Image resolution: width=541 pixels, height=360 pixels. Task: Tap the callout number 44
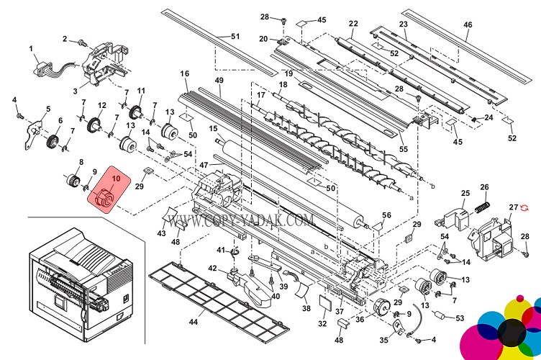[x=193, y=321]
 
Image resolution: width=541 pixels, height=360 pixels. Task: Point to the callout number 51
[x=235, y=36]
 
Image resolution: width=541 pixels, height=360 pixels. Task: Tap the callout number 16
[x=185, y=74]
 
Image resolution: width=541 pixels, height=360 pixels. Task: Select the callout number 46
[x=468, y=24]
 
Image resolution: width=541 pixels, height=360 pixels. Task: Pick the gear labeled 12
[x=93, y=127]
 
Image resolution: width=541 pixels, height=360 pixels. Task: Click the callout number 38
[x=306, y=308]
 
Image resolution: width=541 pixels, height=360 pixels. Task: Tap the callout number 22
[x=353, y=24]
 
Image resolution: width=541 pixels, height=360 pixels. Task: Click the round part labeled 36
[x=376, y=307]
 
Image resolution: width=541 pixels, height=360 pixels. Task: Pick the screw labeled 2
[x=81, y=40]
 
